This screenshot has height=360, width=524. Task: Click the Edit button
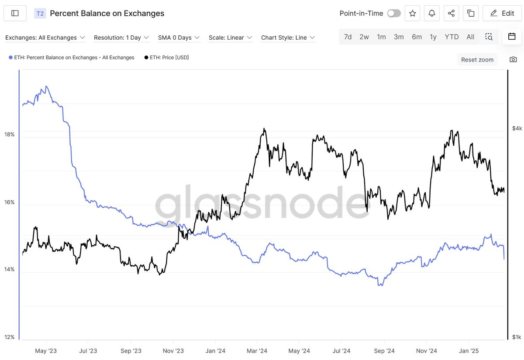(502, 13)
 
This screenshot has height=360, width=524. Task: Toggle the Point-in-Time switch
(393, 13)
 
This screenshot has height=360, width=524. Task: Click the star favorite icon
(413, 13)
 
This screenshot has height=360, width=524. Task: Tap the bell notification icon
(432, 13)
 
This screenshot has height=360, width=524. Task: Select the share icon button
(451, 13)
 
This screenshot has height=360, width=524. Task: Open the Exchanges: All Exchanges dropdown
(45, 38)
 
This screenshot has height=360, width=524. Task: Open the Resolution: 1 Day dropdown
(121, 38)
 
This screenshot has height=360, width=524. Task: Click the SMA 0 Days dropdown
(179, 38)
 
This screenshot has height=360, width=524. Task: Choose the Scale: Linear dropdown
(230, 38)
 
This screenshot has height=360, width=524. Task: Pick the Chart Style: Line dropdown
(288, 38)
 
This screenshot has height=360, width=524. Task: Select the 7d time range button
(348, 37)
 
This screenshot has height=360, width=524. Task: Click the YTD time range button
(452, 37)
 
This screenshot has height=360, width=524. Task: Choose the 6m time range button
(417, 37)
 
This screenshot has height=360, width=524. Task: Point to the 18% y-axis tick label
(9, 134)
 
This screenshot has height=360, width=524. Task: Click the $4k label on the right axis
(517, 128)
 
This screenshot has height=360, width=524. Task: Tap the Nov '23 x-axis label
(173, 351)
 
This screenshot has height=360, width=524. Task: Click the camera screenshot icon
(513, 59)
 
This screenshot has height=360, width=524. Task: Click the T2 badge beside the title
(40, 14)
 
